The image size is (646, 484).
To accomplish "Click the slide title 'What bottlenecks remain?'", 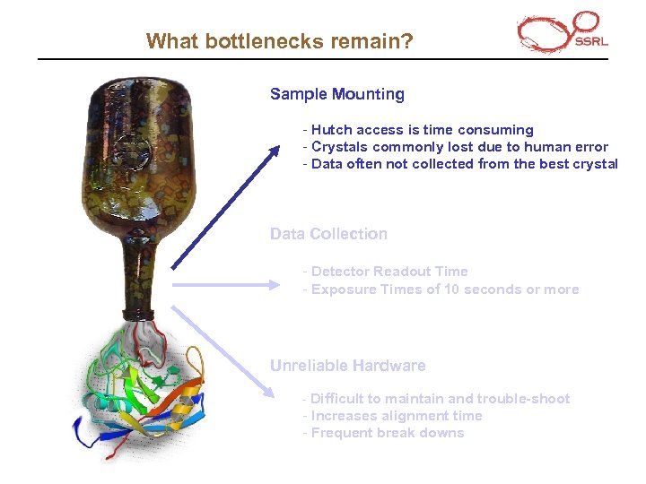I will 279,41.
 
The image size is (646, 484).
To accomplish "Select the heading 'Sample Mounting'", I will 336,94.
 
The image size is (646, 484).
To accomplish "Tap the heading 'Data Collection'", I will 328,234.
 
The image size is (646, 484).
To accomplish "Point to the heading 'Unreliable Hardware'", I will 347,366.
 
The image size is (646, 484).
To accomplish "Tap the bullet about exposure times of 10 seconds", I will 442,290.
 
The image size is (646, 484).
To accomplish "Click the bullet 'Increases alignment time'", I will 394,416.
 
